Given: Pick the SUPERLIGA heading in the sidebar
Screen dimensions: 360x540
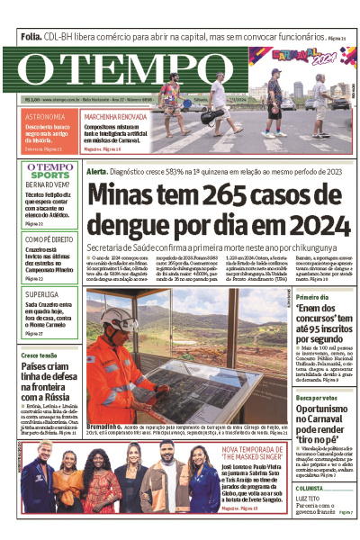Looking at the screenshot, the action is coord(41,294).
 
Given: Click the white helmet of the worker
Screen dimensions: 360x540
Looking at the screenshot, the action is coord(116,318).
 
